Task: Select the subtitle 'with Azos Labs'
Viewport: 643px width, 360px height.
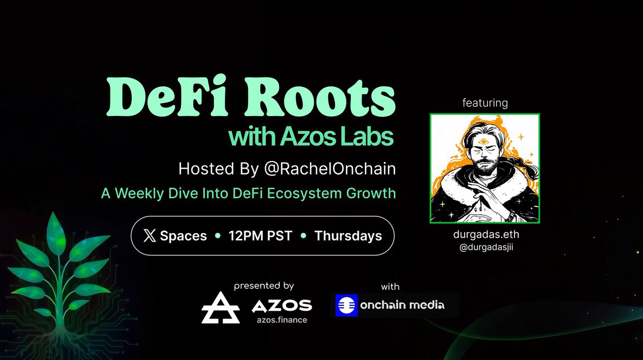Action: coord(311,137)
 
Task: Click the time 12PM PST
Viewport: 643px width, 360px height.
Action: coord(260,236)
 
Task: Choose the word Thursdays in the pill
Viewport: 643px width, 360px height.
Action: coord(348,236)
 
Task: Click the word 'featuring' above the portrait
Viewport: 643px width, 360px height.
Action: coord(484,103)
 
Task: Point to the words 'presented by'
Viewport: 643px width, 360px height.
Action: coord(264,287)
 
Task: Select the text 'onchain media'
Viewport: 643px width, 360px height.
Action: coord(402,305)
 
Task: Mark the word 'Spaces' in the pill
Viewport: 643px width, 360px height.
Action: coord(183,236)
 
